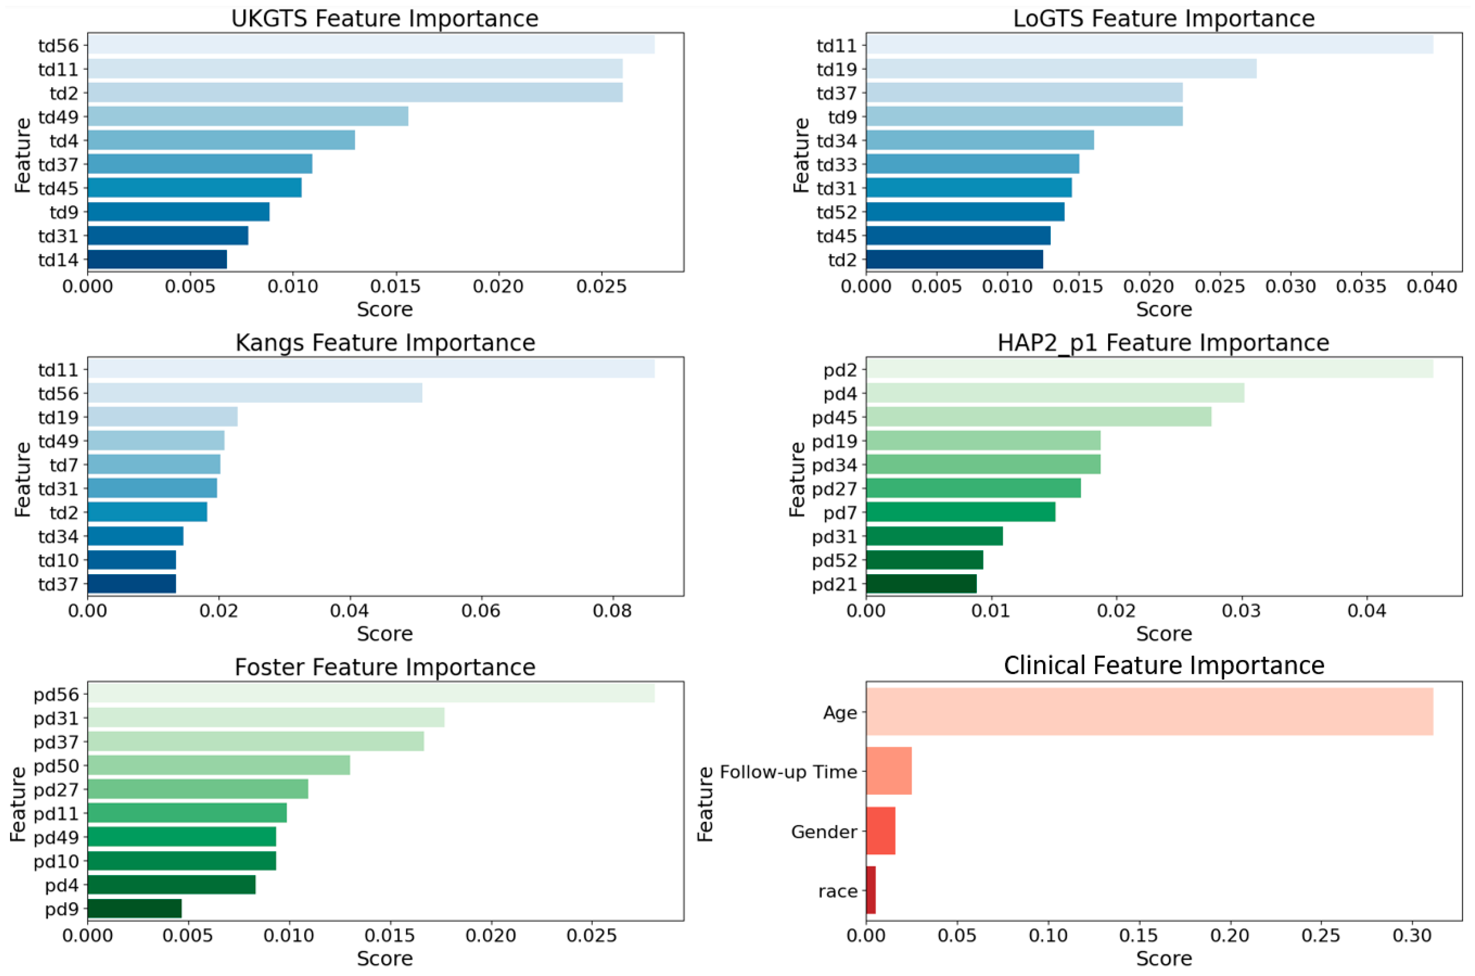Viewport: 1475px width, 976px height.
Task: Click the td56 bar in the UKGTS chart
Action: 371,45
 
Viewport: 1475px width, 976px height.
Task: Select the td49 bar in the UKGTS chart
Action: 248,116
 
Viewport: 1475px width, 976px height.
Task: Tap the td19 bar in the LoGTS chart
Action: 1061,68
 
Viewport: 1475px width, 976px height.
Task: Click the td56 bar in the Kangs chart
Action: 255,393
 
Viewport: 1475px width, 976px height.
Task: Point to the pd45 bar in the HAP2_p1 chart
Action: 1038,417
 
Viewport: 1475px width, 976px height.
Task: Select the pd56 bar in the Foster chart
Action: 371,694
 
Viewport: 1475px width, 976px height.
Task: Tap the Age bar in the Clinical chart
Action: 1149,712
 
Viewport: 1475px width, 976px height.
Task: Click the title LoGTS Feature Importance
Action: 1163,19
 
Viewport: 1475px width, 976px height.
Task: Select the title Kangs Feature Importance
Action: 385,343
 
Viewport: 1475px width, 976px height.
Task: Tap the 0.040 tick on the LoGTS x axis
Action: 1432,287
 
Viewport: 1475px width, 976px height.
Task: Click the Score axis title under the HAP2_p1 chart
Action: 1163,634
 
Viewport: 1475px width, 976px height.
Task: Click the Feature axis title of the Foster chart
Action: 19,804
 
